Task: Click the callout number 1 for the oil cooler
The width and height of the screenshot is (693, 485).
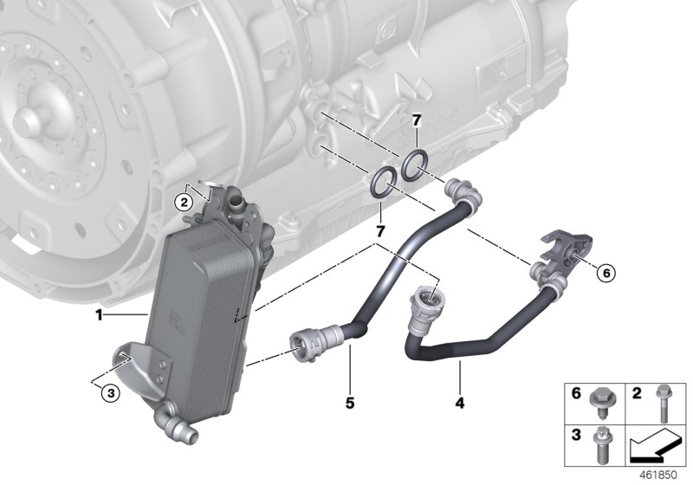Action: [x=100, y=315]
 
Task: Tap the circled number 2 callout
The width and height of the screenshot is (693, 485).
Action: [x=182, y=202]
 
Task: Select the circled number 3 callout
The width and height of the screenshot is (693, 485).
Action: [x=108, y=392]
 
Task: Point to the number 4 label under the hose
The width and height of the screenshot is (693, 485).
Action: [x=460, y=403]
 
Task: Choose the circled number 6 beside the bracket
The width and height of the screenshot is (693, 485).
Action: [x=606, y=272]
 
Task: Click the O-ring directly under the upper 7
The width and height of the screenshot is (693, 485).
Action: [x=414, y=161]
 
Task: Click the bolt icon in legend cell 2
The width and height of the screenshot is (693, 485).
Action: [x=663, y=401]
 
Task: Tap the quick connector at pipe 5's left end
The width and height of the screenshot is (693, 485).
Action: [x=308, y=346]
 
